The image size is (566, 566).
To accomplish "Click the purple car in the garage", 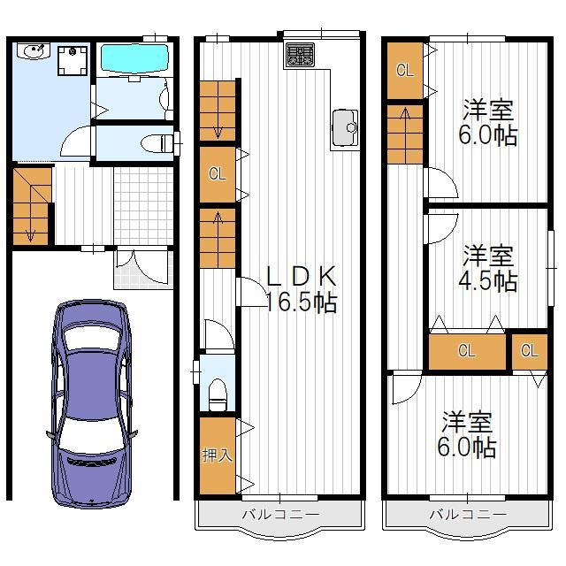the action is pos(91,403).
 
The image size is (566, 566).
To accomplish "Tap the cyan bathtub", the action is pos(134,58).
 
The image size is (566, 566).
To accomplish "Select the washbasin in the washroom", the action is pos(34,50).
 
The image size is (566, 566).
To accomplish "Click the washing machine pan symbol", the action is pos(73,61).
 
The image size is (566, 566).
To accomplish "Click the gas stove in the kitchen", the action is pos(299,55).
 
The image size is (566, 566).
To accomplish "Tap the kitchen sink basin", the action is pos(345,127).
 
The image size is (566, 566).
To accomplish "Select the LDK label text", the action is pos(301,276).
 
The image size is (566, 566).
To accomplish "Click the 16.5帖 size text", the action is pos(302,302).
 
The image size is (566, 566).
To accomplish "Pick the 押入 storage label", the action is pos(218,455).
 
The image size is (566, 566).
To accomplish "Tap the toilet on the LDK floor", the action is pos(218,394).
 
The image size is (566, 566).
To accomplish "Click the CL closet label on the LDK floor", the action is pos(218,174).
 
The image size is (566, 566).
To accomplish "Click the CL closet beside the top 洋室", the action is pos(405,71).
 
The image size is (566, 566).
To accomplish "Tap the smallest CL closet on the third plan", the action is pos(530,351).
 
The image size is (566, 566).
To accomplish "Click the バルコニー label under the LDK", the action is pos(280,514).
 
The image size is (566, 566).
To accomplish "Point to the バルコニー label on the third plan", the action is pos(468,514).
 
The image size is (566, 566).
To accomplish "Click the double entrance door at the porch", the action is pos(143,267).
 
